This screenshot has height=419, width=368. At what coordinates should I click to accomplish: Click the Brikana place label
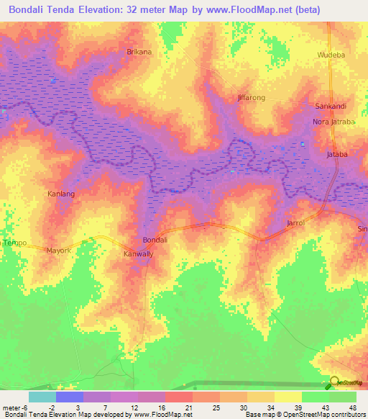tap(139, 53)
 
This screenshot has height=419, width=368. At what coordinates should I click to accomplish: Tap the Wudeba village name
tap(331, 55)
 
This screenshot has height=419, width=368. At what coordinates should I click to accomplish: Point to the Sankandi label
tap(331, 106)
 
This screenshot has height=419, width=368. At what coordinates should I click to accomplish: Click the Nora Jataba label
tap(333, 122)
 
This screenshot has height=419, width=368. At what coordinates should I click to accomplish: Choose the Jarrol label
tap(296, 224)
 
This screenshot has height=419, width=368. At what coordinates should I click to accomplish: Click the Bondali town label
tap(155, 240)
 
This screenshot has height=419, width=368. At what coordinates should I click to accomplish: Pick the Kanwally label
tap(139, 254)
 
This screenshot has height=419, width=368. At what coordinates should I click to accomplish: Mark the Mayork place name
tap(59, 251)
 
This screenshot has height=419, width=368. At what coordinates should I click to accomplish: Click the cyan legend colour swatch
tap(42, 397)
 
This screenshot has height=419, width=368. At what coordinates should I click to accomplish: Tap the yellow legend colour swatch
tap(287, 397)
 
